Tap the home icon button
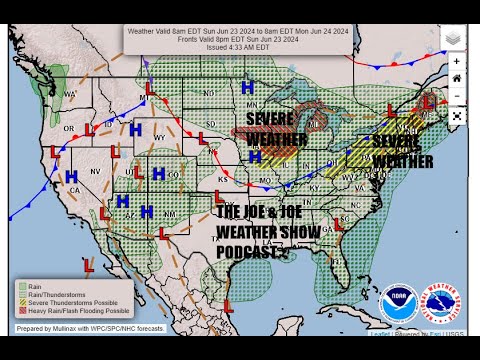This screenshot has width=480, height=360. pyautogui.click(x=456, y=78)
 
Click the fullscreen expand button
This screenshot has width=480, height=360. pyautogui.click(x=456, y=115)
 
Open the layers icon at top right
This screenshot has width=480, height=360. pyautogui.click(x=452, y=38)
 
